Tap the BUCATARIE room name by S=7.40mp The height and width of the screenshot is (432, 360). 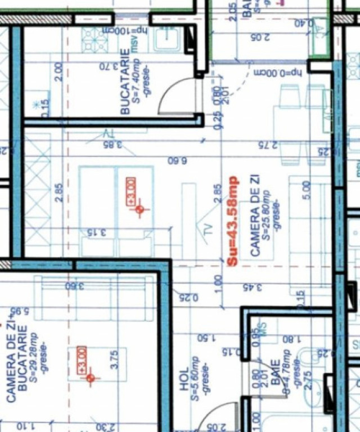coord(125,81)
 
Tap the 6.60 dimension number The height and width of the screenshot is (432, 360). coord(177,160)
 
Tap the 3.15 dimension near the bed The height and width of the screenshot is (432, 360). coord(97,232)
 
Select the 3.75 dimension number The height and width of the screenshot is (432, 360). coord(116,360)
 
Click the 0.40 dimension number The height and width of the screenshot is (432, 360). coord(304,24)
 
